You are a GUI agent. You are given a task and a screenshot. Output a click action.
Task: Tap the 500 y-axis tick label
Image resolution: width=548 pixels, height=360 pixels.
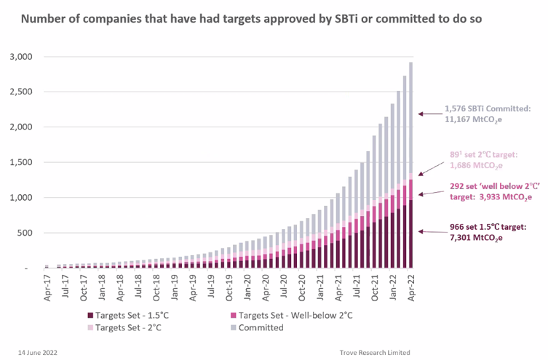[33, 233]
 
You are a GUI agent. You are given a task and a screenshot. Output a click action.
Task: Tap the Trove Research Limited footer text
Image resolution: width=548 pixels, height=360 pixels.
[375, 352]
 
